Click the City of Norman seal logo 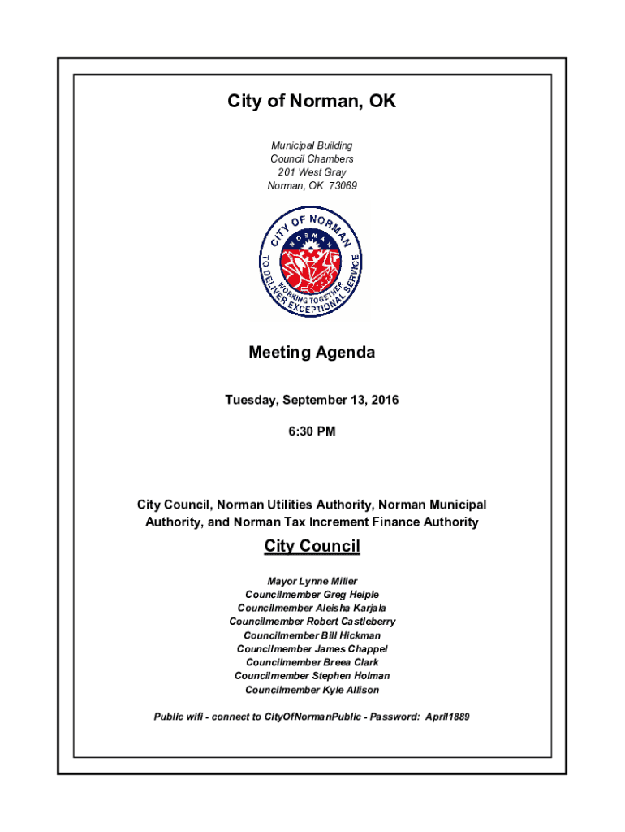pyautogui.click(x=312, y=262)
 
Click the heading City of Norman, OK pyautogui.click(x=312, y=102)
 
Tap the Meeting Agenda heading pyautogui.click(x=312, y=353)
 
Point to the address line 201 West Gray pyautogui.click(x=312, y=172)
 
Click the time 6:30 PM pyautogui.click(x=312, y=431)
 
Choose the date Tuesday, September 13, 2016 pyautogui.click(x=312, y=400)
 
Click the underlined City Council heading pyautogui.click(x=312, y=546)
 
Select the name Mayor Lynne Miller pyautogui.click(x=312, y=581)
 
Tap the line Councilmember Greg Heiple pyautogui.click(x=312, y=595)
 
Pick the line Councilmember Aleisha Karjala pyautogui.click(x=312, y=608)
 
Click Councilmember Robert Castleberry pyautogui.click(x=312, y=622)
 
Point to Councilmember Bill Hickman pyautogui.click(x=312, y=635)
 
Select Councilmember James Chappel pyautogui.click(x=312, y=648)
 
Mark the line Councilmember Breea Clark pyautogui.click(x=312, y=662)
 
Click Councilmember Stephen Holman pyautogui.click(x=312, y=676)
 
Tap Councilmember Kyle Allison pyautogui.click(x=312, y=690)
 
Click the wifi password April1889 pyautogui.click(x=446, y=717)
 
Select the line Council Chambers pyautogui.click(x=312, y=159)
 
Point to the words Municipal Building pyautogui.click(x=312, y=145)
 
